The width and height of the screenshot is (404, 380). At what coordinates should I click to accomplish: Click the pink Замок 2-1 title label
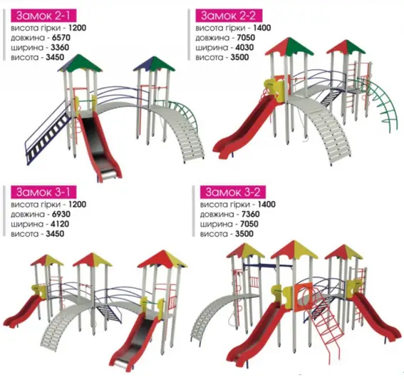point(43,16)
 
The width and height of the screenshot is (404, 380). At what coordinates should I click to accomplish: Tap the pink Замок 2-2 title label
point(229,16)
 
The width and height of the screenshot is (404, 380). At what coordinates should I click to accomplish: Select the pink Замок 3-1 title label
point(43,192)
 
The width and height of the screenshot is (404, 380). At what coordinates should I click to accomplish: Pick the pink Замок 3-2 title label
point(233,192)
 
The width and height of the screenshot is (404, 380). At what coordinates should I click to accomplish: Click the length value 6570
point(61,38)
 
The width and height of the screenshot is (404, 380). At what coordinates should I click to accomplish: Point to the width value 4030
point(244,48)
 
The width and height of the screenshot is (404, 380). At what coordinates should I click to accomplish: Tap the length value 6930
point(61,214)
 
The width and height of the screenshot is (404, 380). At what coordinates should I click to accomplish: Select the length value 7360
point(250,214)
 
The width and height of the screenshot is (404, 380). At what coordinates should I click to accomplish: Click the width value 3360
point(60,48)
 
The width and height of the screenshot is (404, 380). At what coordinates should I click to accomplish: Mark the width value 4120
point(60,224)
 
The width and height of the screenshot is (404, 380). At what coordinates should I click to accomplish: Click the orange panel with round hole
point(304,297)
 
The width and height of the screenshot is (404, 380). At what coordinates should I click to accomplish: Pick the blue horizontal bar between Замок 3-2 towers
point(268,265)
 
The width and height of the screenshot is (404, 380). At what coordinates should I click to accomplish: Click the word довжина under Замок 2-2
point(212,38)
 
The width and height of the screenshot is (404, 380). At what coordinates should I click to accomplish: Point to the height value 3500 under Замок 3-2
point(244,234)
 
